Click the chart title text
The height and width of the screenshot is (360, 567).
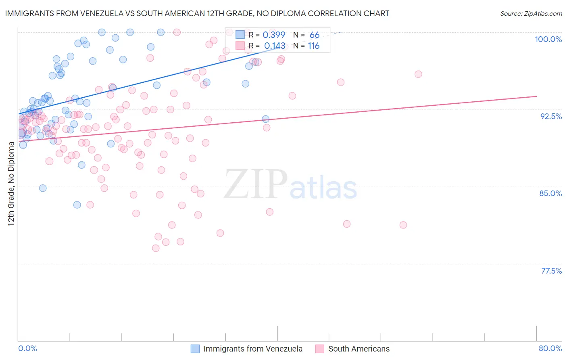point(197,13)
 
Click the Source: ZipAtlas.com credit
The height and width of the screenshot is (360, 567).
point(531,13)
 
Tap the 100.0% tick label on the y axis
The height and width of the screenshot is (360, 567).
point(548,39)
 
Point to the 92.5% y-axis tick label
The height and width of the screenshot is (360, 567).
point(551,116)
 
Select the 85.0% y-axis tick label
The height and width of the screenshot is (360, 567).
point(550,193)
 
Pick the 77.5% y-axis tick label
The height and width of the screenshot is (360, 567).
point(551,271)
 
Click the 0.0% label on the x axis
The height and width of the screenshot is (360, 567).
point(27,348)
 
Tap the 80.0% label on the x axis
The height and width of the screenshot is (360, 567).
point(550,348)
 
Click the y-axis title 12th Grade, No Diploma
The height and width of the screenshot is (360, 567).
point(11,184)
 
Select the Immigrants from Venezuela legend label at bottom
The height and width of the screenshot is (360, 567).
point(253,349)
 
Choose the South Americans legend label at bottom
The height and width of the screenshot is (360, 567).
point(359,349)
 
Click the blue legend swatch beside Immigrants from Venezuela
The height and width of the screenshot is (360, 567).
point(195,349)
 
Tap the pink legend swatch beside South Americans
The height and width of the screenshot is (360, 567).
point(320,349)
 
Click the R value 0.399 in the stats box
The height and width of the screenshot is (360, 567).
point(274,35)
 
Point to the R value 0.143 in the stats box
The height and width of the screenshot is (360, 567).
point(275,46)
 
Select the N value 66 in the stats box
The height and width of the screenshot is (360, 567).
point(315,35)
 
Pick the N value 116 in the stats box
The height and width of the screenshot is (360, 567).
point(314,46)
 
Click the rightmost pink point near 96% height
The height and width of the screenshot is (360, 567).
point(418,74)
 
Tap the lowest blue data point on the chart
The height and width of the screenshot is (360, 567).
point(77,205)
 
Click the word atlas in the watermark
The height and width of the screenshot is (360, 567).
point(323,188)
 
